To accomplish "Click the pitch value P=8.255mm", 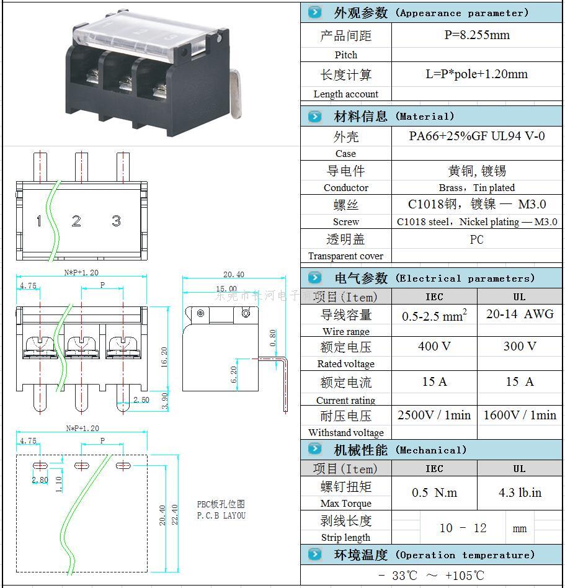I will point(476,35).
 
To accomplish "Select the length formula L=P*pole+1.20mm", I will point(476,74).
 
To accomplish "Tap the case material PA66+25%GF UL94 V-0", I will point(476,136).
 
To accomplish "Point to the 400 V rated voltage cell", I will point(434,346).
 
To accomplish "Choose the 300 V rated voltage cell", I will point(520,346).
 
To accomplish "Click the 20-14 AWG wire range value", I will point(520,314).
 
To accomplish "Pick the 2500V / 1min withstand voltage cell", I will point(434,415).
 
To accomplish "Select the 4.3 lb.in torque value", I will point(520,493).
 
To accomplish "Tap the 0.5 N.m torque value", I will point(434,493).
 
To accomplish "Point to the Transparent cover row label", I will point(345,256).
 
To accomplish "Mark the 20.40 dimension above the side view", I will point(233,274).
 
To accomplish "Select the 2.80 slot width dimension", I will point(40,479).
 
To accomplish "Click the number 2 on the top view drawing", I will point(76,221).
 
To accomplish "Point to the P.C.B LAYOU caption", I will point(221,515).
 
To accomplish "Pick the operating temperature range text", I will point(431,576).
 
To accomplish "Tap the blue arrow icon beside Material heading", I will point(315,116).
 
